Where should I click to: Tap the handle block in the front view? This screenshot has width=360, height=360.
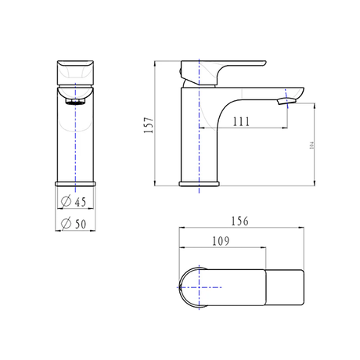click(75, 73)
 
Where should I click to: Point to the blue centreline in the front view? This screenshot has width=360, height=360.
click(75, 141)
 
